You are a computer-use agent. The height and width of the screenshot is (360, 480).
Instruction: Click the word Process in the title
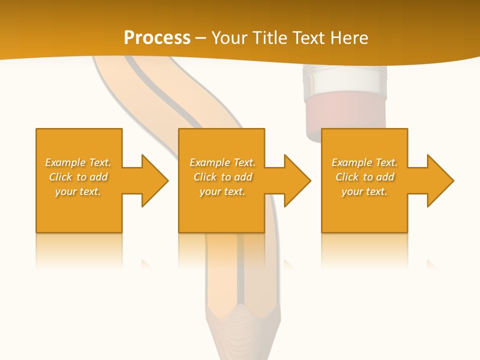157,38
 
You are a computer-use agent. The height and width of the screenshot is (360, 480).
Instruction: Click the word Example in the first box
65,162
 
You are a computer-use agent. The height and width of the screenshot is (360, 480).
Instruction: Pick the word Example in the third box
351,162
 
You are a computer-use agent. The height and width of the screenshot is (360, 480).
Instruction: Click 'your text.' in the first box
78,191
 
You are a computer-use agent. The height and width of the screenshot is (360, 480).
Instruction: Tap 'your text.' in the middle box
222,191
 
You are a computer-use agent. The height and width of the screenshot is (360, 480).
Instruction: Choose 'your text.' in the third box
364,191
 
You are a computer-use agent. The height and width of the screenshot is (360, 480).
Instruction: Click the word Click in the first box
60,177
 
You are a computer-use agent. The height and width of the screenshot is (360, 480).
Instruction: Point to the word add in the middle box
243,177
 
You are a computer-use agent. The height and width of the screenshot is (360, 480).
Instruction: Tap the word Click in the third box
347,177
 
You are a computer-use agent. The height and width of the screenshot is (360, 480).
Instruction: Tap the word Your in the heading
228,38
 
